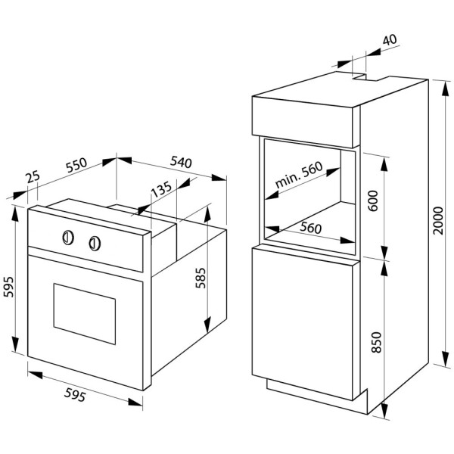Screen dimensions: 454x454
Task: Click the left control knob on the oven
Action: [68, 238]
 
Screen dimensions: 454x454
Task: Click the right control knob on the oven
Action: [95, 243]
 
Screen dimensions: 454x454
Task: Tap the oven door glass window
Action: [85, 313]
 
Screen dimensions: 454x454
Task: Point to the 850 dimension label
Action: [376, 342]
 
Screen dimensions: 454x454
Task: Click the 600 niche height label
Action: [374, 201]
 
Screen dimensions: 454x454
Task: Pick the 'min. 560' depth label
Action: [299, 175]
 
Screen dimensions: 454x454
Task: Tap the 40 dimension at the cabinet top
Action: [390, 40]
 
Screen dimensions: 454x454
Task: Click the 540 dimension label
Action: [181, 162]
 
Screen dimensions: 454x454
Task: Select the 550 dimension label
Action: [76, 165]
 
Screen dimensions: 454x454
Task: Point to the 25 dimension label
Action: [33, 177]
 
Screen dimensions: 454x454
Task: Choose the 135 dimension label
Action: [162, 188]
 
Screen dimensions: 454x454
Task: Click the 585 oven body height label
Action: [201, 278]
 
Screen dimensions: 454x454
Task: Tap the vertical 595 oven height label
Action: [8, 287]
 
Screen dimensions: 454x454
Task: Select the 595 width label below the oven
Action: [75, 395]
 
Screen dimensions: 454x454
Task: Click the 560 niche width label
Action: [311, 228]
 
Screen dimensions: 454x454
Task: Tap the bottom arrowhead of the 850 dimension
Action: [385, 410]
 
